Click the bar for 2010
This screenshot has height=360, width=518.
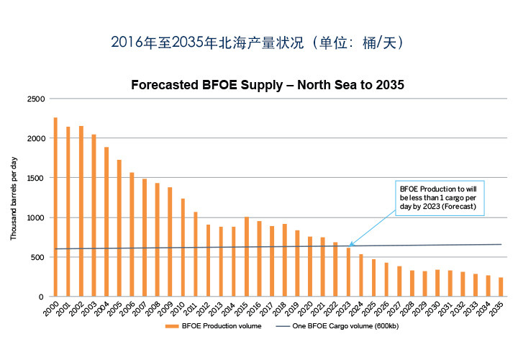click(183, 248)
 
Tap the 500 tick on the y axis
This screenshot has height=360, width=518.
click(38, 257)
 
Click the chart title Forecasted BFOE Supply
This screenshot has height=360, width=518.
click(268, 84)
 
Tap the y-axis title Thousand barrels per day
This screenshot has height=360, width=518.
click(13, 197)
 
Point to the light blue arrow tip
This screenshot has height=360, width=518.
click(350, 246)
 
